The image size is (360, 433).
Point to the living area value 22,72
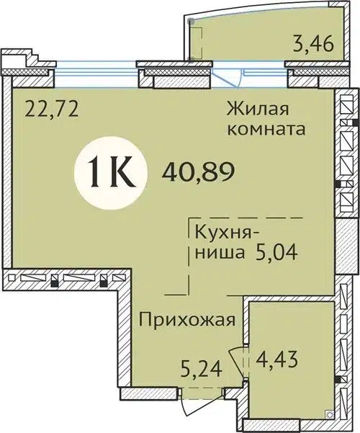50,110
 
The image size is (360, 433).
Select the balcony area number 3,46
312,50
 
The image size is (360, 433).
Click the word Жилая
257,110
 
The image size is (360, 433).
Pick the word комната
265,130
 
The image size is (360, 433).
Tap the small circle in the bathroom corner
328,414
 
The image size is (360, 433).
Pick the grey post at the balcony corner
191,22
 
